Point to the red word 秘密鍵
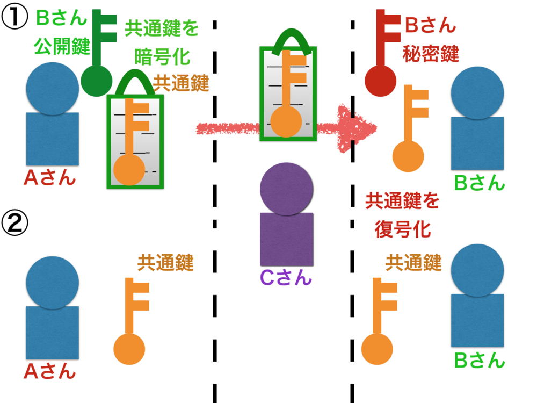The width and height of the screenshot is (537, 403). [x=430, y=54]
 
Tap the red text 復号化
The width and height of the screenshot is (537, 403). [x=402, y=229]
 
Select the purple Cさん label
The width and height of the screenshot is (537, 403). [x=285, y=278]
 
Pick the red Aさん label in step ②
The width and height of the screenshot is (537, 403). [x=50, y=371]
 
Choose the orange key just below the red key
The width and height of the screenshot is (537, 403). [x=410, y=129]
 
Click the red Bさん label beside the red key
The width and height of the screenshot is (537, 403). [x=430, y=25]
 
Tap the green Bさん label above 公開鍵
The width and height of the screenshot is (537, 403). [x=61, y=18]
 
